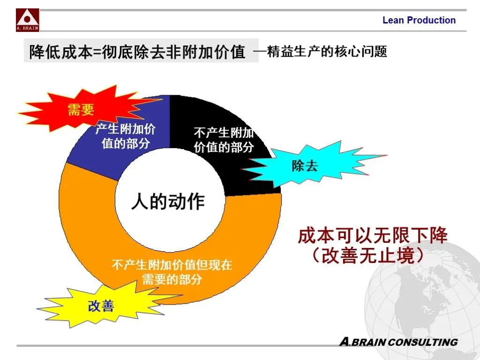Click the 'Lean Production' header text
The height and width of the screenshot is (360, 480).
[419, 20]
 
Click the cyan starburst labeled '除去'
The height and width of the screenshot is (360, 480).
[305, 165]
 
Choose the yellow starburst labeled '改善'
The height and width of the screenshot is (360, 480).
[101, 306]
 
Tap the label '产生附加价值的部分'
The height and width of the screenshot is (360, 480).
[125, 136]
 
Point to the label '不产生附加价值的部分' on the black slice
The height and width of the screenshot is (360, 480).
[224, 140]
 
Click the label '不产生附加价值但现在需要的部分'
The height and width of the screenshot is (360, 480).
[172, 272]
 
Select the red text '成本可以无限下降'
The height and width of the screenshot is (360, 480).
[373, 235]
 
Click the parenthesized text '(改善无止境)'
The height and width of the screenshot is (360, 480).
[368, 255]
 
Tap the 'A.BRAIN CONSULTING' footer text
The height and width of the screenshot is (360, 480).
[398, 342]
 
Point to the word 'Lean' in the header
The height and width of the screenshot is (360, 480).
[393, 20]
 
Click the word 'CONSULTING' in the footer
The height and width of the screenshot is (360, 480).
[422, 342]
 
